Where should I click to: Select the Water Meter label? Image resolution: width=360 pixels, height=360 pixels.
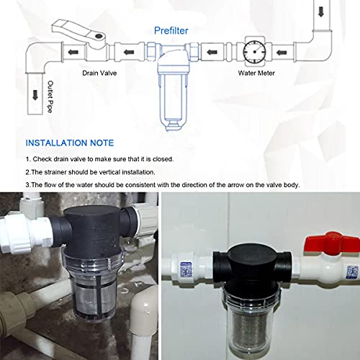click(x=256, y=73)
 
